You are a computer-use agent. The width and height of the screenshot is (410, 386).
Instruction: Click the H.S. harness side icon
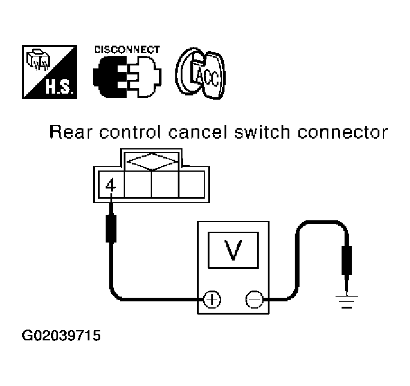pyautogui.click(x=49, y=72)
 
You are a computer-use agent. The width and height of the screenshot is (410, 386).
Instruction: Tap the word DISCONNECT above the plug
pyautogui.click(x=127, y=49)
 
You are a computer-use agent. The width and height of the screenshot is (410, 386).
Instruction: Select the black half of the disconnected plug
pyautogui.click(x=110, y=77)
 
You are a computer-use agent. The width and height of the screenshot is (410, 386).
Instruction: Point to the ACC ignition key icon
pyautogui.click(x=200, y=73)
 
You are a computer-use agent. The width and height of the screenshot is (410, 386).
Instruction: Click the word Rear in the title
pyautogui.click(x=71, y=132)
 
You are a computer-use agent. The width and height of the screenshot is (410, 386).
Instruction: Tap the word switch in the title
pyautogui.click(x=262, y=132)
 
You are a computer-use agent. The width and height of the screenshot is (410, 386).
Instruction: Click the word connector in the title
pyautogui.click(x=343, y=132)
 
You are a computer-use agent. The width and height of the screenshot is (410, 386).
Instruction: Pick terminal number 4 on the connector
pyautogui.click(x=110, y=185)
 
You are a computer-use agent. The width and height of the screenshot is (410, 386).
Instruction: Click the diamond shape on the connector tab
pyautogui.click(x=152, y=162)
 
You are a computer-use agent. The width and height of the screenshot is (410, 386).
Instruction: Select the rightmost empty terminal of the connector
pyautogui.click(x=191, y=184)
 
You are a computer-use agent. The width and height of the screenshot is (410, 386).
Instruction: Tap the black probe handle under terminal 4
pyautogui.click(x=111, y=228)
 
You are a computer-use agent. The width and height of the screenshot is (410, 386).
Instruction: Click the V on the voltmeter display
pyautogui.click(x=233, y=250)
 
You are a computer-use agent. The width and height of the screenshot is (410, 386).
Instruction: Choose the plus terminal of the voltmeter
pyautogui.click(x=212, y=299)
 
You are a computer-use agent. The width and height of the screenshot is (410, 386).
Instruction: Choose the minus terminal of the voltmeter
pyautogui.click(x=254, y=299)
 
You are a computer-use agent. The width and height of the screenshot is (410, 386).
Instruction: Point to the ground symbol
pyautogui.click(x=346, y=301)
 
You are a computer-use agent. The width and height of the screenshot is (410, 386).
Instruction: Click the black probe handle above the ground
pyautogui.click(x=347, y=260)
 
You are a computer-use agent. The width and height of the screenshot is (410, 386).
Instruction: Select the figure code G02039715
pyautogui.click(x=61, y=335)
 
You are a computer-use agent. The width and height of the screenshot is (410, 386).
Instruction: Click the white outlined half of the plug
pyautogui.click(x=145, y=77)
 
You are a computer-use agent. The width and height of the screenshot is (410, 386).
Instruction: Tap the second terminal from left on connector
pyautogui.click(x=138, y=184)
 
